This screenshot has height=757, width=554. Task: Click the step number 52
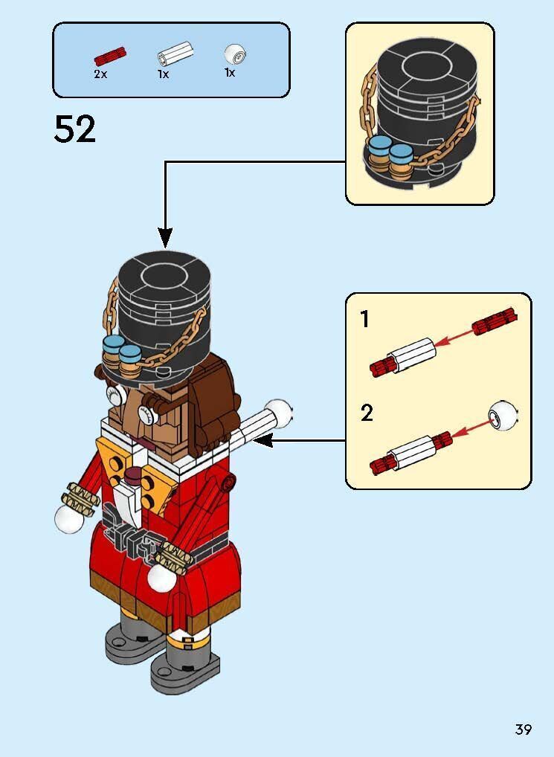pyautogui.click(x=75, y=130)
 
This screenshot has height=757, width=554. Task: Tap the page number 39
pyautogui.click(x=524, y=729)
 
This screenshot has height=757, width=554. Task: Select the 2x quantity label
pyautogui.click(x=100, y=74)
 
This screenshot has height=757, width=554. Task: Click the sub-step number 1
pyautogui.click(x=364, y=320)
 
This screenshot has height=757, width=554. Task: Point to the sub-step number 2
pyautogui.click(x=366, y=413)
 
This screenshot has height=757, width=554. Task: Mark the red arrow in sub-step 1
pyautogui.click(x=455, y=337)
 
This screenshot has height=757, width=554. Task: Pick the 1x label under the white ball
pyautogui.click(x=231, y=73)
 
